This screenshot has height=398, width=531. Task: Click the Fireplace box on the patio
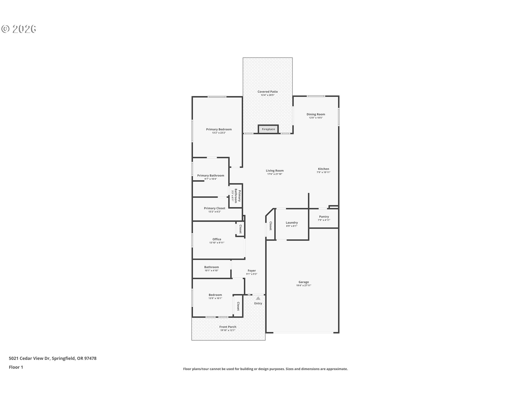point(268,129)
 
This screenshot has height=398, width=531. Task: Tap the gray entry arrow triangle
point(258,298)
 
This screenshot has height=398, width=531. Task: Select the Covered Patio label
point(267,92)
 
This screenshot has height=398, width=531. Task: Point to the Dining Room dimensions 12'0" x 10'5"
point(316,118)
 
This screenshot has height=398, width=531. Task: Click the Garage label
point(303,282)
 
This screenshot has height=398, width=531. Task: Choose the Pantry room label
point(324,217)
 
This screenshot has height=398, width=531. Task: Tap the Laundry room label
point(291,222)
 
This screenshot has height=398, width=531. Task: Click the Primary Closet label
point(214,208)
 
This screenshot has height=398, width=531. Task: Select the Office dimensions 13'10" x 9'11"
point(217,243)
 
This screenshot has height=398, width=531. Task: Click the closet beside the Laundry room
point(270,226)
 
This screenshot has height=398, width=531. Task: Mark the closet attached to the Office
point(240,229)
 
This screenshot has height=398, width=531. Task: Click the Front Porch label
point(228,327)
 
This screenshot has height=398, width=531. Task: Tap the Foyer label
point(252,271)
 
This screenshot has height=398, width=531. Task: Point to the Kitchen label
point(323,169)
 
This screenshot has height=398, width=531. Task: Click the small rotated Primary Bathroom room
point(236,196)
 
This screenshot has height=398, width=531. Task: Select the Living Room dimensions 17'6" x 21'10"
point(275,174)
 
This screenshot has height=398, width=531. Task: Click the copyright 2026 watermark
point(19,29)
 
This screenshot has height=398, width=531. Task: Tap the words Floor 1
point(16,367)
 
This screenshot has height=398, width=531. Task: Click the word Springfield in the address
point(63,358)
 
